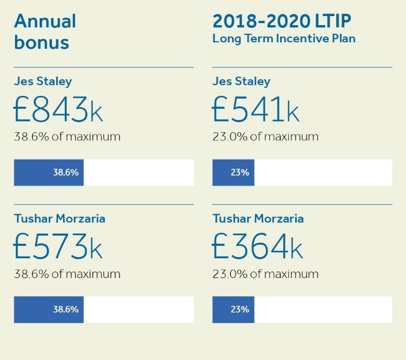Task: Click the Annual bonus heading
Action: coord(45,32)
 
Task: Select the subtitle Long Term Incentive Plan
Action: coord(284,39)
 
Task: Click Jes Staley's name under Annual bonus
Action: coord(43,81)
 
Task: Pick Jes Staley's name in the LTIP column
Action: coord(241,81)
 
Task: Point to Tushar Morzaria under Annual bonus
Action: coord(59,219)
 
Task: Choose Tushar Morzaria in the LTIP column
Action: coord(258,219)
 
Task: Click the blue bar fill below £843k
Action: coord(49,172)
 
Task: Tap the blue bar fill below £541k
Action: coord(234,172)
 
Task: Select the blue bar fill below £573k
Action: coord(49,309)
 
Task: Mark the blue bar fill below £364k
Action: coord(234,309)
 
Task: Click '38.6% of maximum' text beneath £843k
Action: coord(67,137)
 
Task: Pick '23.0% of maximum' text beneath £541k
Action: coord(265,137)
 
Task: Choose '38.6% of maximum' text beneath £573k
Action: coord(67,274)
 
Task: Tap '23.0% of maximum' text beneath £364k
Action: coord(265,274)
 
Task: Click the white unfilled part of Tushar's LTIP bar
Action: coord(323,309)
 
